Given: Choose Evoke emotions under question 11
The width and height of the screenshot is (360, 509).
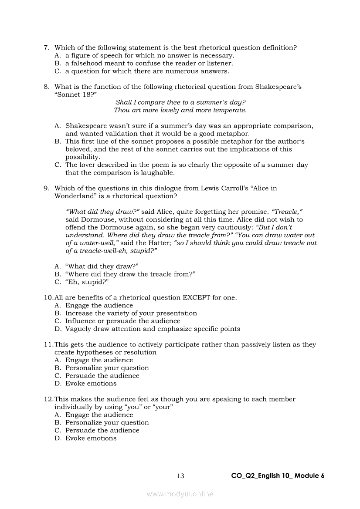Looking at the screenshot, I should [91, 384].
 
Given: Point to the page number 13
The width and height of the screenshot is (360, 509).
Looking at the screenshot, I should [180, 476].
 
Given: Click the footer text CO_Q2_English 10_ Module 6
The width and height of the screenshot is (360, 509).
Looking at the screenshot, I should [278, 476].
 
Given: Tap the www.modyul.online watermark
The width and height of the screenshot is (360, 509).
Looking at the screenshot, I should [180, 494].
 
